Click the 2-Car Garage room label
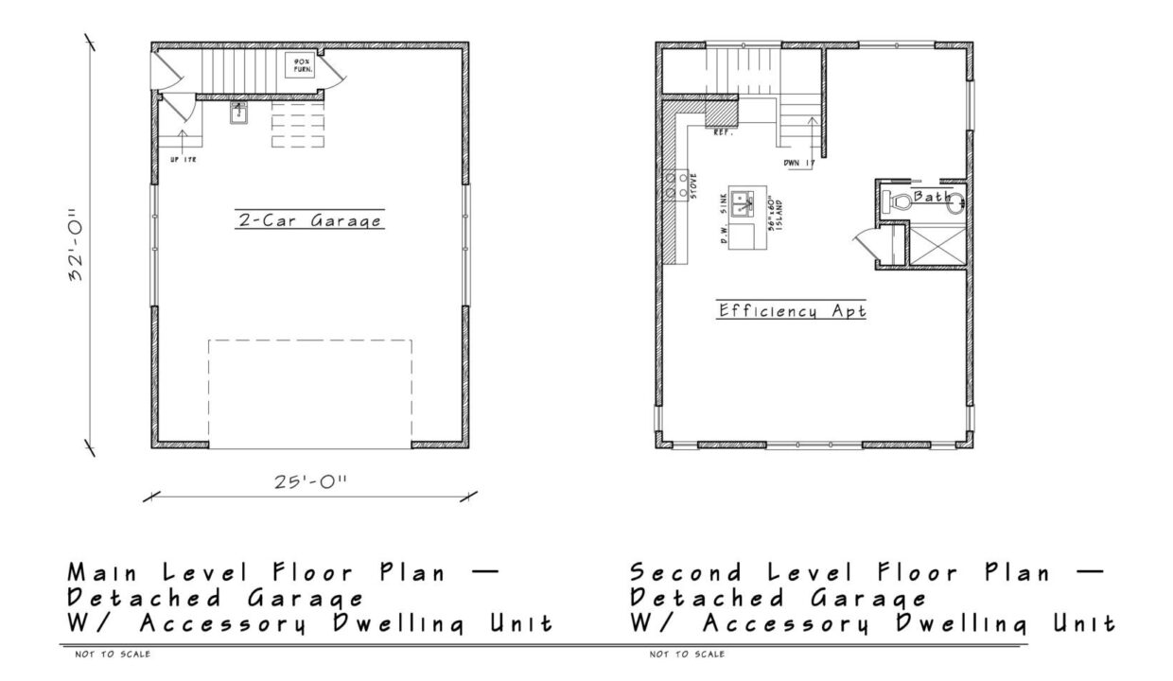point(309,221)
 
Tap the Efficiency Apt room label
point(792,310)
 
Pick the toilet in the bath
point(894,200)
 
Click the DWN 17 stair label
point(798,164)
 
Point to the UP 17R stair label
point(183,160)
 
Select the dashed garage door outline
point(310,393)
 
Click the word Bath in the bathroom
point(929,195)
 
